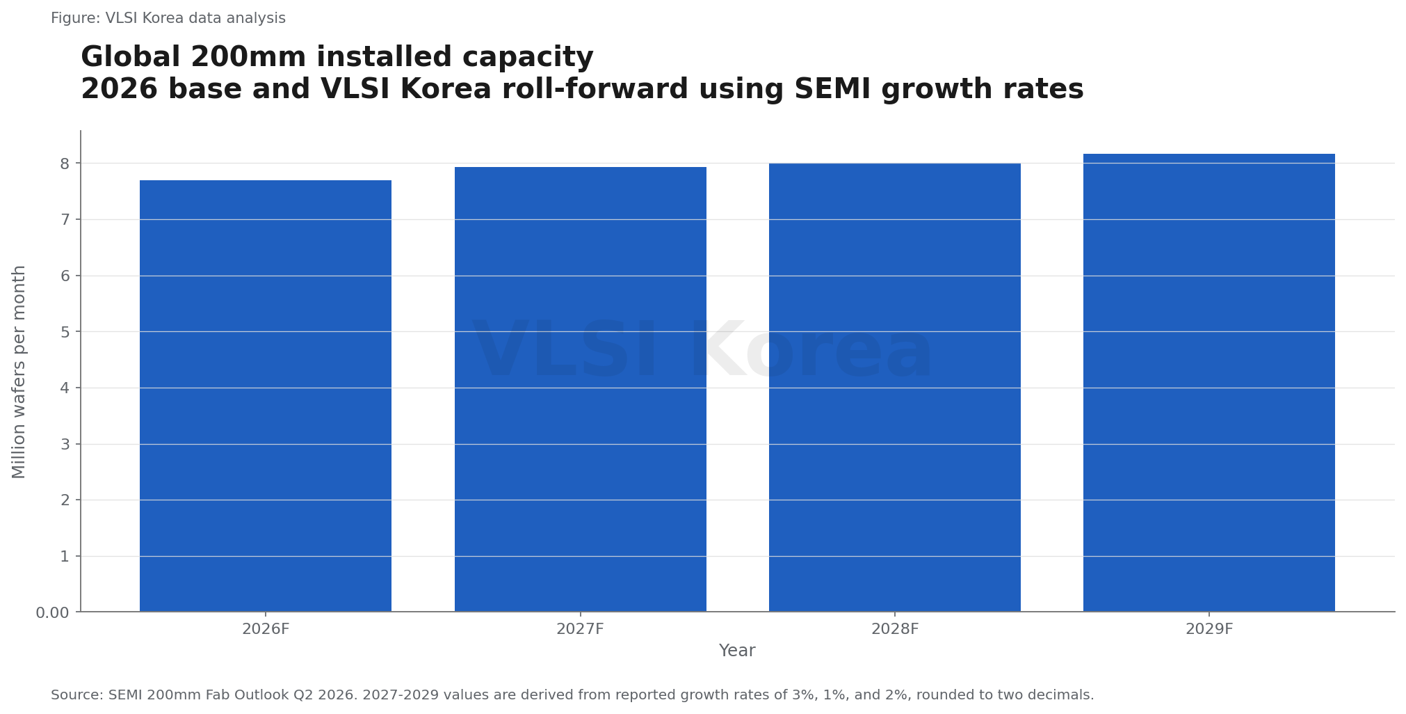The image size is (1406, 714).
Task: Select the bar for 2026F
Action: pos(266,396)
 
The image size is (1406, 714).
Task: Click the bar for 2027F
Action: pos(581,389)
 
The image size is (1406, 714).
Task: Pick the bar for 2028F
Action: pos(895,388)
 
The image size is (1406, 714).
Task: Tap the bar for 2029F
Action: pos(1209,383)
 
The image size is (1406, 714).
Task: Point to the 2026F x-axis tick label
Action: pos(266,629)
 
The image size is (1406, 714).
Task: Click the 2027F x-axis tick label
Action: pos(581,629)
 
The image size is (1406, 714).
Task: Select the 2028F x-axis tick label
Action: pos(895,629)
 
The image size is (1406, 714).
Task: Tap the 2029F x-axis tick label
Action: pos(1209,629)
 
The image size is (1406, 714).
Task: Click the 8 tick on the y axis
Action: pos(65,164)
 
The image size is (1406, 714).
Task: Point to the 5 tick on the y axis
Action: pos(65,332)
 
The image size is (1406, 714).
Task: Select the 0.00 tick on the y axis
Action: pos(53,612)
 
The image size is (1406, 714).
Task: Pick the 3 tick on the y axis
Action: pos(65,444)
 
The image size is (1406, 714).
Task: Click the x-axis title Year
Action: pos(737,651)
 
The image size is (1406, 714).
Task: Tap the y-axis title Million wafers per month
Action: pos(19,372)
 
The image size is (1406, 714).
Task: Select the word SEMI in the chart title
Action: pos(834,89)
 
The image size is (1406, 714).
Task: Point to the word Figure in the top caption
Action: pos(75,19)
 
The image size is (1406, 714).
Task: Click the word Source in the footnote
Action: pos(76,695)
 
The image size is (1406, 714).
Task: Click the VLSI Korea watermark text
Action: pos(702,350)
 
